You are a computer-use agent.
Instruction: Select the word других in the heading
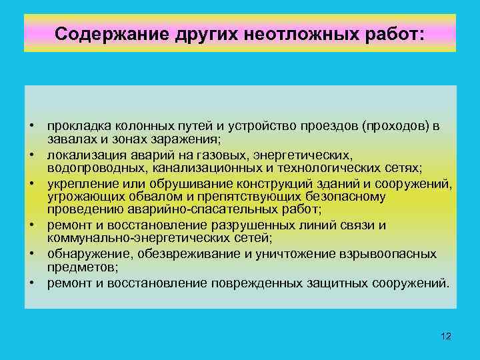tap(195, 33)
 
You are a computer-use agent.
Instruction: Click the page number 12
tap(446, 336)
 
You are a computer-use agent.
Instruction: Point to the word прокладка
tap(76, 126)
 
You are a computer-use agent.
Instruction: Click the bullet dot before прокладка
tap(32, 126)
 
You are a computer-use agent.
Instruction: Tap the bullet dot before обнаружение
tap(32, 254)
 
